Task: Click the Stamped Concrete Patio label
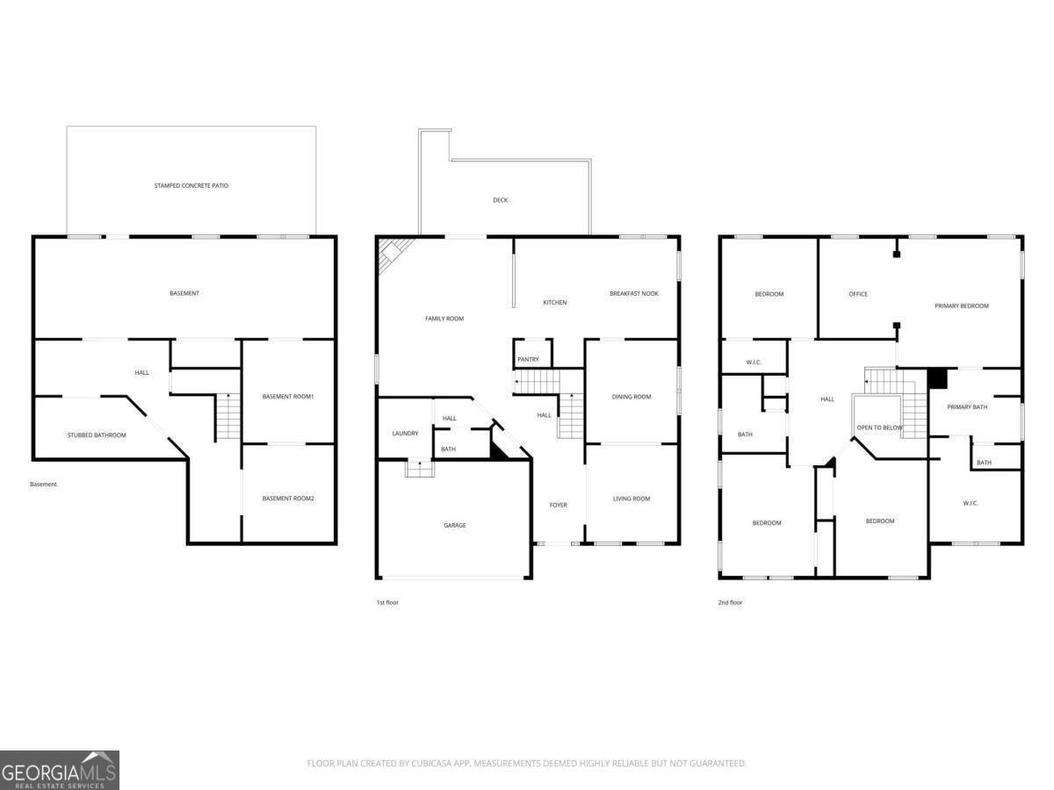click(191, 186)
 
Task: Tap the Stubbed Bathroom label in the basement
click(97, 435)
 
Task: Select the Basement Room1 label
click(288, 397)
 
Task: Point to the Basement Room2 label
click(288, 499)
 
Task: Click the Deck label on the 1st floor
click(500, 200)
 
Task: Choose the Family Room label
click(444, 319)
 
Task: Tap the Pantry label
click(528, 359)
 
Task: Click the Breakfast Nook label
click(634, 293)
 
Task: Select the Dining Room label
click(632, 397)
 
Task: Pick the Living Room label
click(632, 499)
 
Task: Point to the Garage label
click(454, 525)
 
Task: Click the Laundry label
click(405, 433)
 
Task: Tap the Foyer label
click(559, 505)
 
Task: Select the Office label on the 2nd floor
click(858, 294)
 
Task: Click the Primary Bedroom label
click(961, 305)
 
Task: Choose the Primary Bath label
click(967, 407)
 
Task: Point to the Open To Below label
click(879, 427)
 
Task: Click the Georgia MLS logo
click(60, 770)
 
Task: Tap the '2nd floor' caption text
click(731, 602)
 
